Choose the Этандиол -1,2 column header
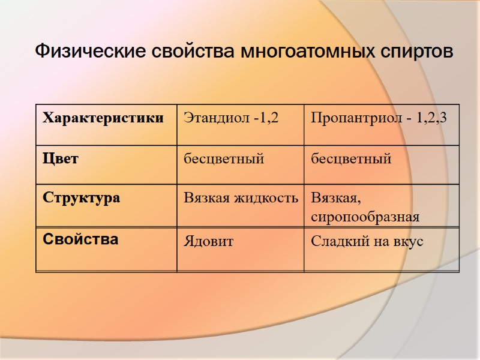click(231, 118)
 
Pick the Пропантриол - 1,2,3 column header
click(379, 118)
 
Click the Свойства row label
click(80, 239)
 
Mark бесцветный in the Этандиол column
click(224, 159)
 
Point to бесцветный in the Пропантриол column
click(351, 159)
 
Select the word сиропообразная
click(365, 217)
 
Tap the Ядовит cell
click(208, 241)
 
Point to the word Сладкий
click(334, 241)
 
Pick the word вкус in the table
click(409, 241)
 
